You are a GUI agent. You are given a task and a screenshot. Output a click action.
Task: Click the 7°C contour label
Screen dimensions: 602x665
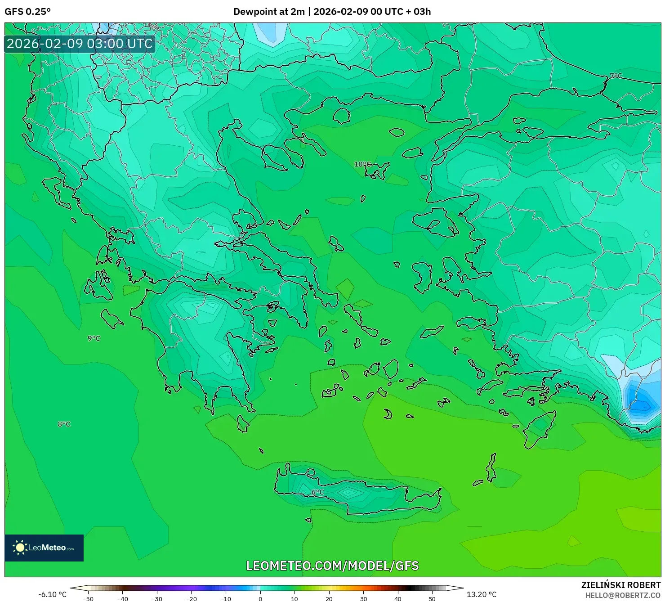click(x=616, y=76)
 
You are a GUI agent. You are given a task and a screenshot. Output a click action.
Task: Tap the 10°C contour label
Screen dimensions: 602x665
click(x=362, y=164)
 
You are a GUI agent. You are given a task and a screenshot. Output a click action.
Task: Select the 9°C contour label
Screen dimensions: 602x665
click(x=94, y=338)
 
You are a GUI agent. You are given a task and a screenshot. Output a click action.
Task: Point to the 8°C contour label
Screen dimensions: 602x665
click(x=64, y=424)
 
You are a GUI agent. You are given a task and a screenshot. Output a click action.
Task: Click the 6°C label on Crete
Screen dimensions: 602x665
click(x=317, y=492)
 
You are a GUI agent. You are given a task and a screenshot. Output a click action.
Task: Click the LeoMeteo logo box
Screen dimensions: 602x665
click(x=44, y=548)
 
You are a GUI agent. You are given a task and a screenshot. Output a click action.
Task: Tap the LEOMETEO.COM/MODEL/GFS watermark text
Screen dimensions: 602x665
click(x=332, y=566)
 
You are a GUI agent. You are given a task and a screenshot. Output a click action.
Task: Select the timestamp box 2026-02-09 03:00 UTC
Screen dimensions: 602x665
click(x=80, y=44)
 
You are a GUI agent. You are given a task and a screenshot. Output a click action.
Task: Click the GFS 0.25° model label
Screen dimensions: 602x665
click(x=27, y=12)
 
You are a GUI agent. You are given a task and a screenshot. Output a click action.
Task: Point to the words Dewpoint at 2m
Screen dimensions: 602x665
click(x=269, y=12)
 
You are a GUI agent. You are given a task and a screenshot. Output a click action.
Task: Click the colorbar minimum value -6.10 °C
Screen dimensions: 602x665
click(x=52, y=594)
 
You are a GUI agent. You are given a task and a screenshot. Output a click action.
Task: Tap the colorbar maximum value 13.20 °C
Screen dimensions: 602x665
click(x=482, y=594)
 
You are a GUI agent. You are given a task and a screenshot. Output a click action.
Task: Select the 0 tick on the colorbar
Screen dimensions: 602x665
click(x=260, y=598)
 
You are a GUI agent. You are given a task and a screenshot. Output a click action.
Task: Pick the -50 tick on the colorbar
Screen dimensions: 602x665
click(x=88, y=598)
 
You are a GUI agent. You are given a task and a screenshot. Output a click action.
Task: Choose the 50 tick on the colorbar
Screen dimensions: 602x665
click(x=432, y=598)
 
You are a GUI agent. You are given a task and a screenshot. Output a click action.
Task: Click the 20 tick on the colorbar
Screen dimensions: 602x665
click(x=329, y=598)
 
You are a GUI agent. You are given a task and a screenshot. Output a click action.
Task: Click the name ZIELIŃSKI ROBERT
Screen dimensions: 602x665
click(x=620, y=585)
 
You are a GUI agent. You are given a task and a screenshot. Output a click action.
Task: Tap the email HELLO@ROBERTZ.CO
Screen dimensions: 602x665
click(x=623, y=595)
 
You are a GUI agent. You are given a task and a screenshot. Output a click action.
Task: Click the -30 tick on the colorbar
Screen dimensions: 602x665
click(x=157, y=598)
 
